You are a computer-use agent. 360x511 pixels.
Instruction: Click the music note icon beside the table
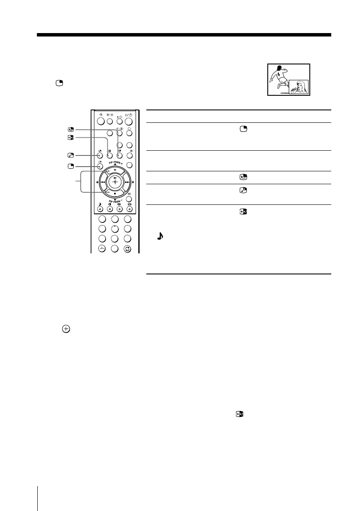coord(160,236)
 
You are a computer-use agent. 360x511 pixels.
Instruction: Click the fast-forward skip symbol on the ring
coord(127,182)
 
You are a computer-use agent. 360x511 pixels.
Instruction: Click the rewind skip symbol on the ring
coord(103,182)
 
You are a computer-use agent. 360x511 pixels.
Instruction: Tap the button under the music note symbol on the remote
coord(100,210)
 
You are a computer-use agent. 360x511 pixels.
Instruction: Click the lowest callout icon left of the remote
coord(71,167)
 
